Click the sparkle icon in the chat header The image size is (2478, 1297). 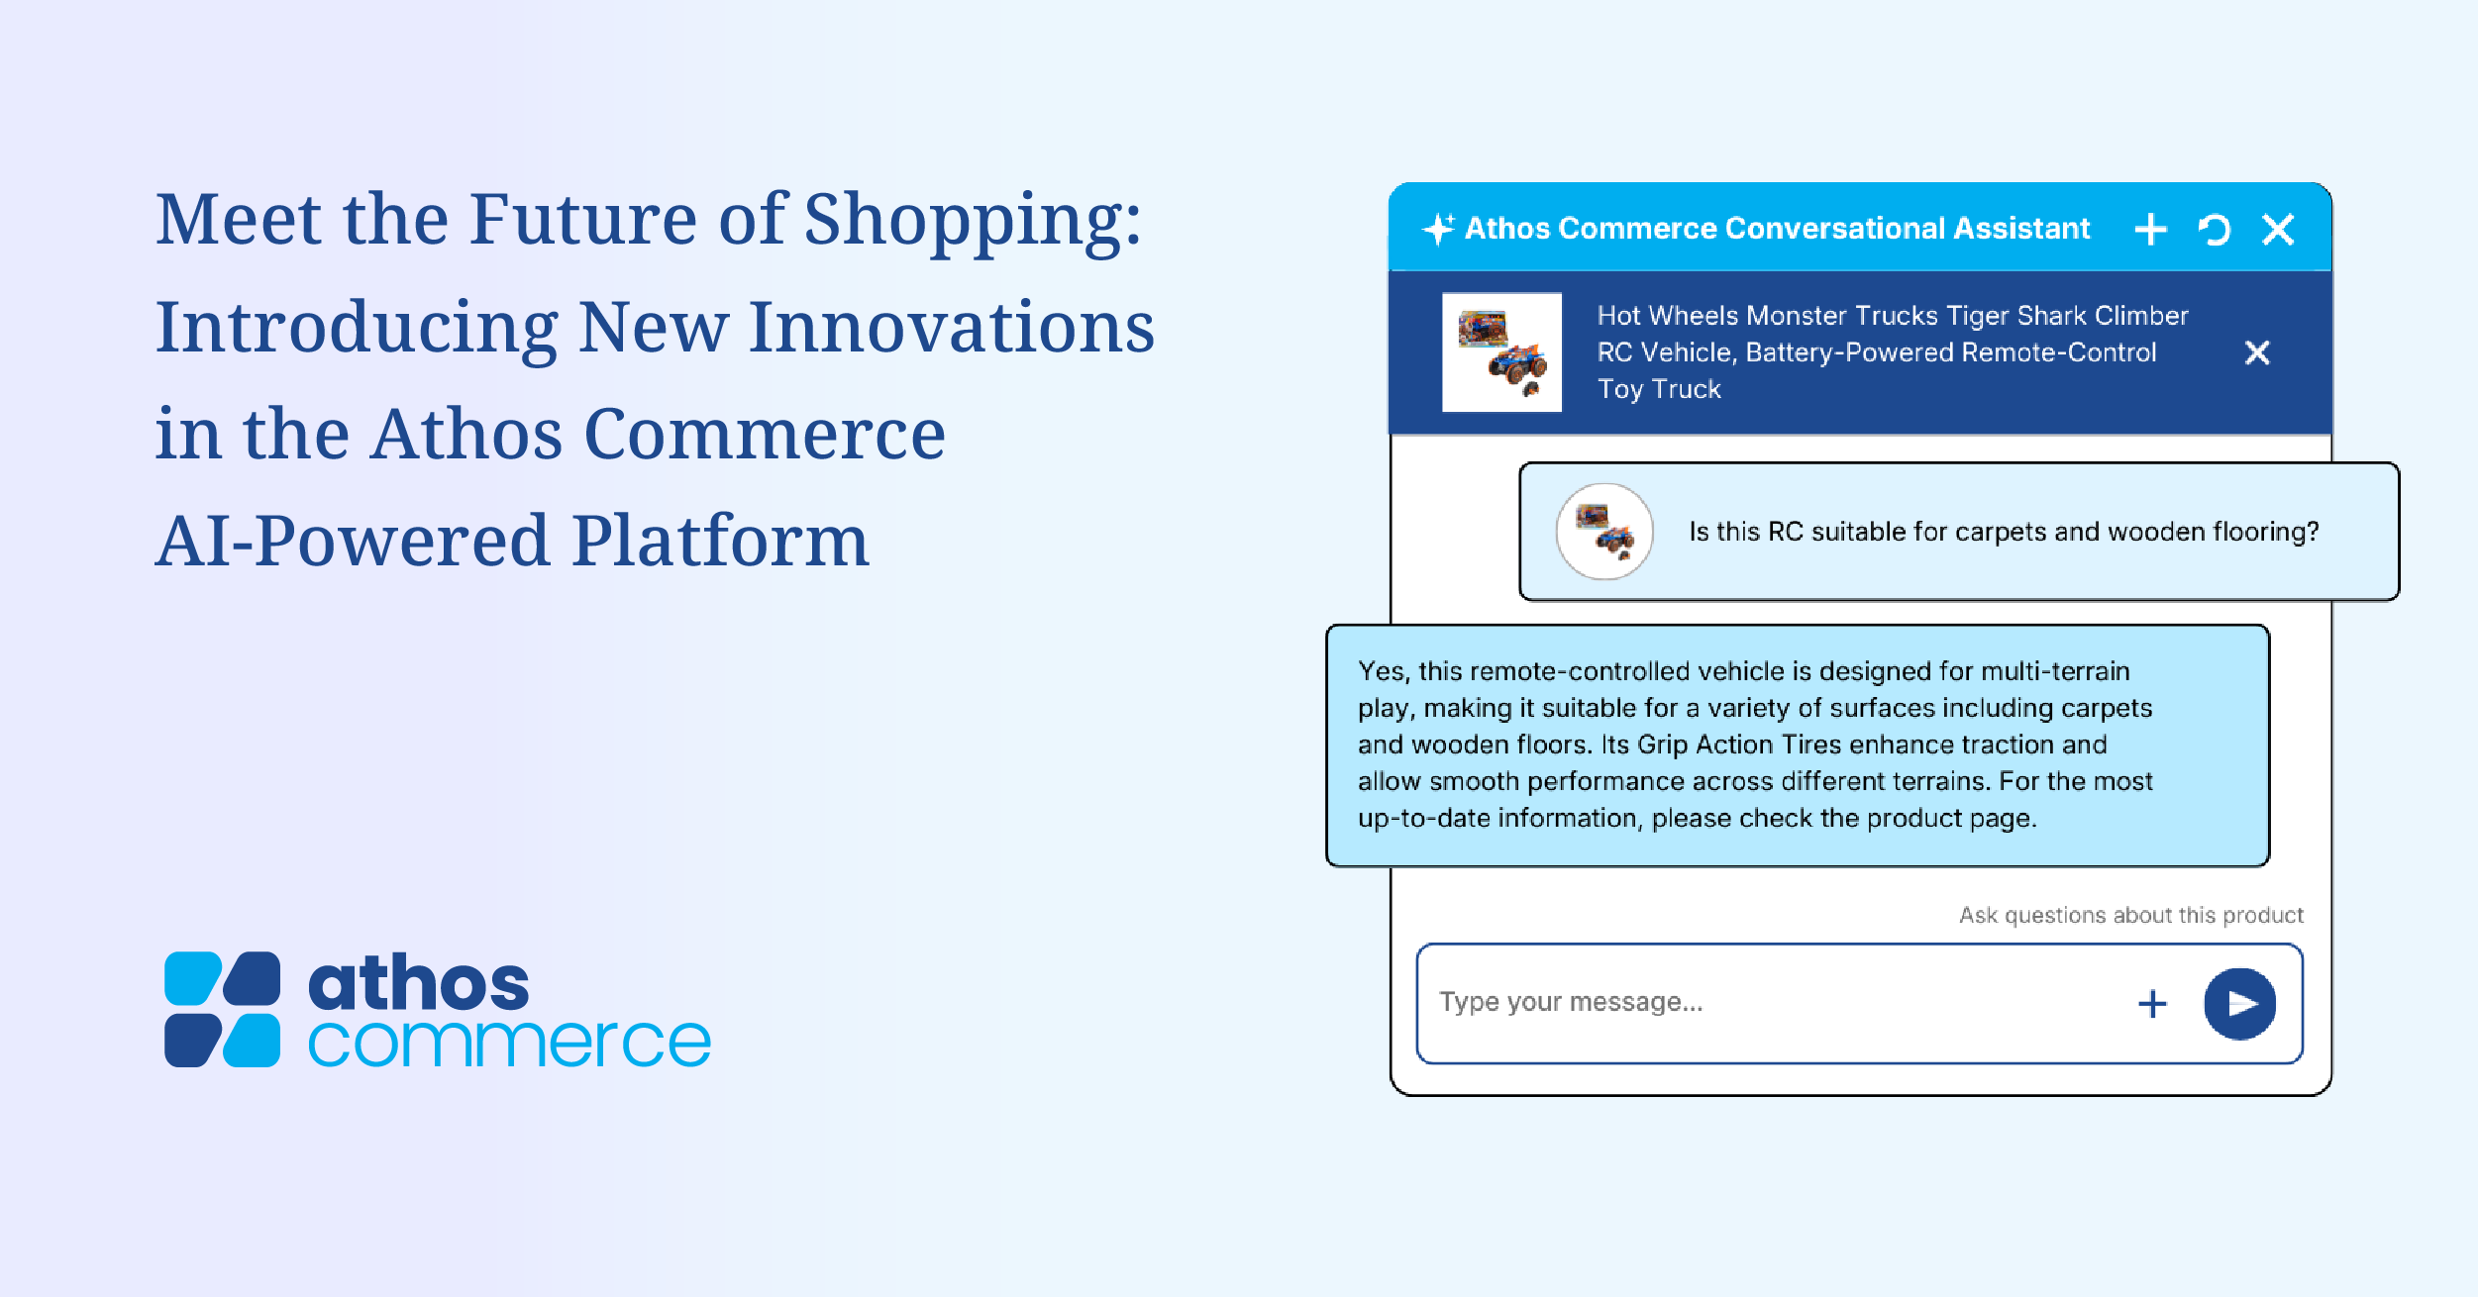click(x=1438, y=229)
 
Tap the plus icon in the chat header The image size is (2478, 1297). click(x=2150, y=230)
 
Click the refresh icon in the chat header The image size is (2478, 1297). click(x=2215, y=230)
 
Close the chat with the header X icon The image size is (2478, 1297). click(x=2278, y=230)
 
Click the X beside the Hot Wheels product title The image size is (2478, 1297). click(x=2257, y=352)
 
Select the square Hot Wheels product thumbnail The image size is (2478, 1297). click(x=1501, y=351)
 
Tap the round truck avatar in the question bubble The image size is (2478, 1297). click(x=1604, y=532)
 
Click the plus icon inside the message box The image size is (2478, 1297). click(x=2152, y=1004)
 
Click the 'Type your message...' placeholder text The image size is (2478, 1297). click(x=1571, y=1002)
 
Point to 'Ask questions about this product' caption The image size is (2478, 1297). click(x=2131, y=915)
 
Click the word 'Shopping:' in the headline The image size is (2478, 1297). click(x=974, y=219)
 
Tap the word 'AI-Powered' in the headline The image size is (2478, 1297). click(x=353, y=541)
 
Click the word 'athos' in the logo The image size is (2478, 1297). click(x=419, y=982)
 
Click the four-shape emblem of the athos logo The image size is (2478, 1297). click(x=222, y=1009)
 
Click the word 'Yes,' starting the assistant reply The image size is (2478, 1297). click(x=1384, y=671)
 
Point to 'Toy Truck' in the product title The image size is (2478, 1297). click(x=1659, y=389)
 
